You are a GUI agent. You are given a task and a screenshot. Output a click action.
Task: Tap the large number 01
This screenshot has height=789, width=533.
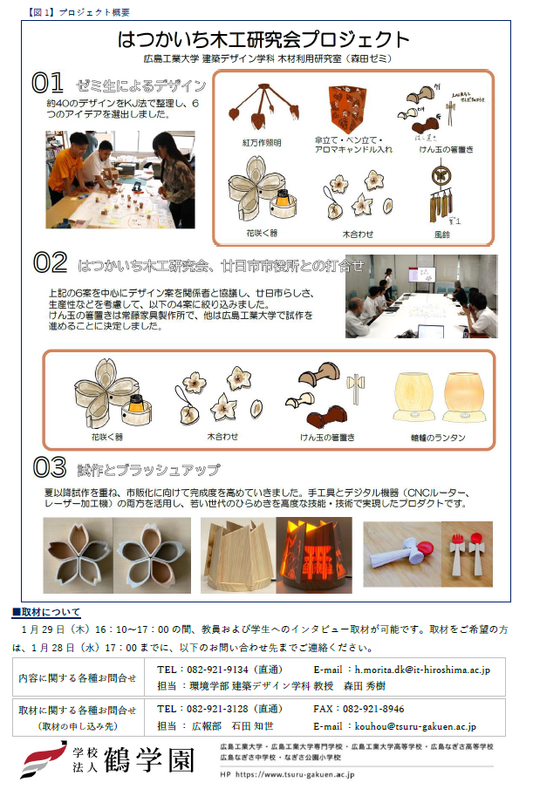tap(48, 83)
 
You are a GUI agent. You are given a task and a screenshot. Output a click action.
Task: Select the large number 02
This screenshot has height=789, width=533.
tap(50, 262)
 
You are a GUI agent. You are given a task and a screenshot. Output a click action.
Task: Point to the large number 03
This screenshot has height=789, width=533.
tap(51, 468)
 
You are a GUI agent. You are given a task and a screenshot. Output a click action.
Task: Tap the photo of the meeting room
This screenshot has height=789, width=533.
tap(421, 296)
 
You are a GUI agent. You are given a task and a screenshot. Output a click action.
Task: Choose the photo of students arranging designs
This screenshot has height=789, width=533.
tap(120, 180)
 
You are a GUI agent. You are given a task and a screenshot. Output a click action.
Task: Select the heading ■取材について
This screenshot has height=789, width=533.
tap(46, 612)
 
